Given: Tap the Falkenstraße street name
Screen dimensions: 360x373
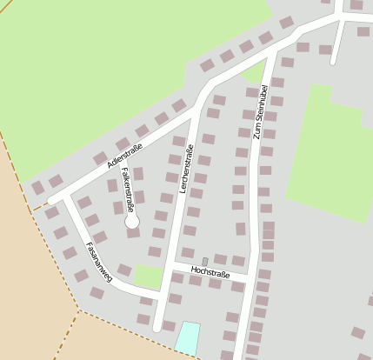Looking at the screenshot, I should pyautogui.click(x=129, y=190).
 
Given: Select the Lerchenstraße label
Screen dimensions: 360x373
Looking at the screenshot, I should pyautogui.click(x=186, y=169).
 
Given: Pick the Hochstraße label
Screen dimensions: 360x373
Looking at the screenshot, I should pyautogui.click(x=210, y=274).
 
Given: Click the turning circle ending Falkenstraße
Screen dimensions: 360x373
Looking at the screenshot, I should pyautogui.click(x=131, y=222).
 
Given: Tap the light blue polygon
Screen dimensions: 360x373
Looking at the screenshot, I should pyautogui.click(x=187, y=337).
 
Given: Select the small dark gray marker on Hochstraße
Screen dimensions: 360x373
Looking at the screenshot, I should pyautogui.click(x=205, y=262).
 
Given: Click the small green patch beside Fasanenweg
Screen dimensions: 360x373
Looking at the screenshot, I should pyautogui.click(x=148, y=277).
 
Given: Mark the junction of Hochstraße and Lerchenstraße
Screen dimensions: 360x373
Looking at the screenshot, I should pyautogui.click(x=174, y=264).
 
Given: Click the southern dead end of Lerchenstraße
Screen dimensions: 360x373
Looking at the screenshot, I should pyautogui.click(x=157, y=329).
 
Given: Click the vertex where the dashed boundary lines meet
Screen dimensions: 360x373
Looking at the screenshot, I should pyautogui.click(x=79, y=310).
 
